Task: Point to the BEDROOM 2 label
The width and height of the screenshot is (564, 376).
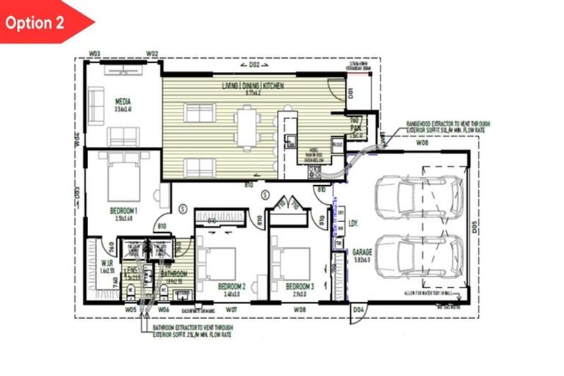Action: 231,286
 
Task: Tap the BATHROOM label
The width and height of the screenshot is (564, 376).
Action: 174,274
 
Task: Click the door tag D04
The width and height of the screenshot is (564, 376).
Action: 358,311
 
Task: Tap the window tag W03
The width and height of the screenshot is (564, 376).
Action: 94,54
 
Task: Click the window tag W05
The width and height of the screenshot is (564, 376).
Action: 131,310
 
